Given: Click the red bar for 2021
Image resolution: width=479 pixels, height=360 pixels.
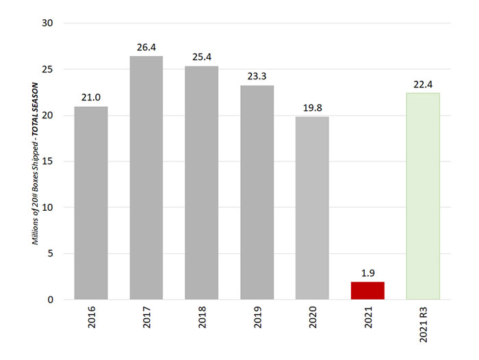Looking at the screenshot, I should [x=367, y=291].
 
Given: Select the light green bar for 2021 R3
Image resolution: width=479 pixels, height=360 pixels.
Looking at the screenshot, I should [x=423, y=196].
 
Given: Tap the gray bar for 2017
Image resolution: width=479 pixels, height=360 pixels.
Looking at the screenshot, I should [x=146, y=178].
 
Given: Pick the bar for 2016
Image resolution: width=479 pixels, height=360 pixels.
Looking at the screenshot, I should [x=91, y=203].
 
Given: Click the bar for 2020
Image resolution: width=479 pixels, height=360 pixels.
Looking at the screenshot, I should [x=312, y=208].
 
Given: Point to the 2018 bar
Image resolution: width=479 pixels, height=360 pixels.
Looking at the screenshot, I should [x=201, y=183].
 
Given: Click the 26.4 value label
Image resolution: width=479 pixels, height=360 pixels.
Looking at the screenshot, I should [x=146, y=47].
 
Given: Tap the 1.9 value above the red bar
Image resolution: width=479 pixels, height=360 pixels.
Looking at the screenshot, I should [x=367, y=273].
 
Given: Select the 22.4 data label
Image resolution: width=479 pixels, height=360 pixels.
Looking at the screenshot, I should [x=423, y=84].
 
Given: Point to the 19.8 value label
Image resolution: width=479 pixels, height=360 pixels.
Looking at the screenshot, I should [x=312, y=107].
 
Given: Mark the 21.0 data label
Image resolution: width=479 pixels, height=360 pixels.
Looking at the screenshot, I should [x=91, y=98].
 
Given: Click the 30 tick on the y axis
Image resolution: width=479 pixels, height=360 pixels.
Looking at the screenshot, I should [x=48, y=23].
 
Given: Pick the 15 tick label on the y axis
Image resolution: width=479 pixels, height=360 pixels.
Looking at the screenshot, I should [x=48, y=162].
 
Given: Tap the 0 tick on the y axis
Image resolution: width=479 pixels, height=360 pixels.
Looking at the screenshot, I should [x=51, y=300].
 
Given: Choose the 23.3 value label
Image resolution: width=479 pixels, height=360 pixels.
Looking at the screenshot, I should [x=257, y=77].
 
